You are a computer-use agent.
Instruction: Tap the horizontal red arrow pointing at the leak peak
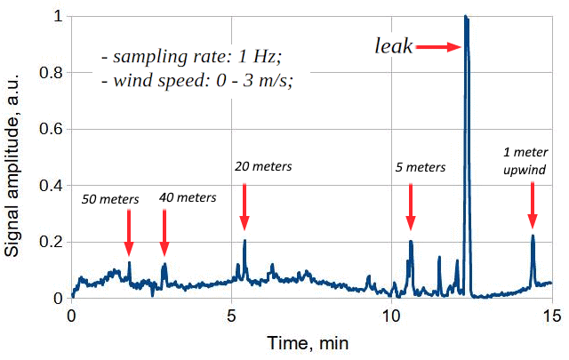point(438,47)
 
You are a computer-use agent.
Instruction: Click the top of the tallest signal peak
point(465,17)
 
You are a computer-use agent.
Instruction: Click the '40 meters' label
point(188,197)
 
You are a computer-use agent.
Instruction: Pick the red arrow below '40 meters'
point(164,233)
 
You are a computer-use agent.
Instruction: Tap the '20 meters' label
point(263,165)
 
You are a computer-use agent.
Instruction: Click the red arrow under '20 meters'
point(244,206)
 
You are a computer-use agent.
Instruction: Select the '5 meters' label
point(420,166)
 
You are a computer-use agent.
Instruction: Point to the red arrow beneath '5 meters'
point(410,206)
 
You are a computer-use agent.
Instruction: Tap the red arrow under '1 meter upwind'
point(533,205)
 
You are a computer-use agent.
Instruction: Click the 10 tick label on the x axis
point(391,316)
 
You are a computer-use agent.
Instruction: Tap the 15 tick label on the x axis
point(551,316)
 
